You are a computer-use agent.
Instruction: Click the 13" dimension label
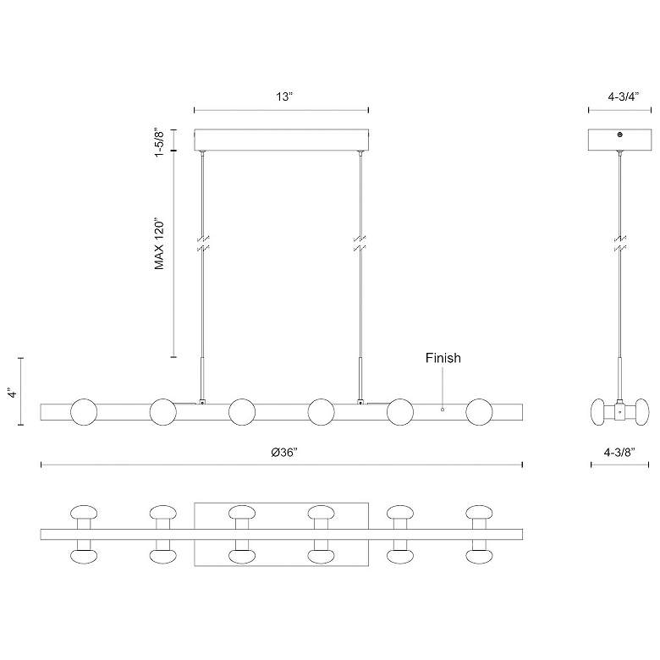click(x=283, y=96)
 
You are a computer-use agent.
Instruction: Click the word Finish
click(x=443, y=358)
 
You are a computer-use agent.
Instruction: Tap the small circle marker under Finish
click(x=443, y=410)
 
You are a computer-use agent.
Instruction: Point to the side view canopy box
click(x=620, y=140)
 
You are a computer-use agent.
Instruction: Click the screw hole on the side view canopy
click(x=620, y=135)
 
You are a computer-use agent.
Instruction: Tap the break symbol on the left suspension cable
click(x=202, y=245)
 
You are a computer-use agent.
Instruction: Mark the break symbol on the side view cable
click(x=620, y=245)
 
